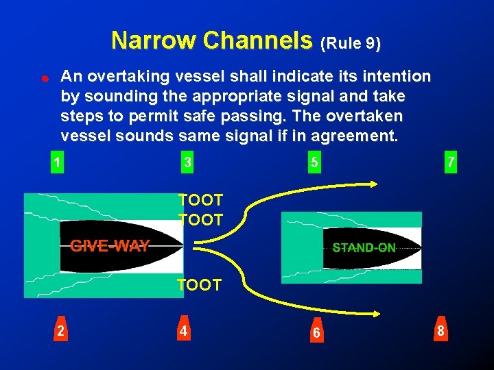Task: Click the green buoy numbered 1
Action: click(x=57, y=162)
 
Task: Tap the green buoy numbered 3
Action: click(x=187, y=162)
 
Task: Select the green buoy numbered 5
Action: click(x=314, y=162)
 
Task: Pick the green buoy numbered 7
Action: click(x=450, y=162)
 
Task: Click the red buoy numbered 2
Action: click(x=61, y=330)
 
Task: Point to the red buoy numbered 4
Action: click(x=183, y=330)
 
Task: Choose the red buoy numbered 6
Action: click(x=316, y=332)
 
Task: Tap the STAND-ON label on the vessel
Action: click(x=364, y=248)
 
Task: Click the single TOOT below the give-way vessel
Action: click(x=199, y=285)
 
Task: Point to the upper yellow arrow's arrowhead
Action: click(x=373, y=184)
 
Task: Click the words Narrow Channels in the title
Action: click(x=211, y=41)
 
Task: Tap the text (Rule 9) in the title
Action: click(x=351, y=44)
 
